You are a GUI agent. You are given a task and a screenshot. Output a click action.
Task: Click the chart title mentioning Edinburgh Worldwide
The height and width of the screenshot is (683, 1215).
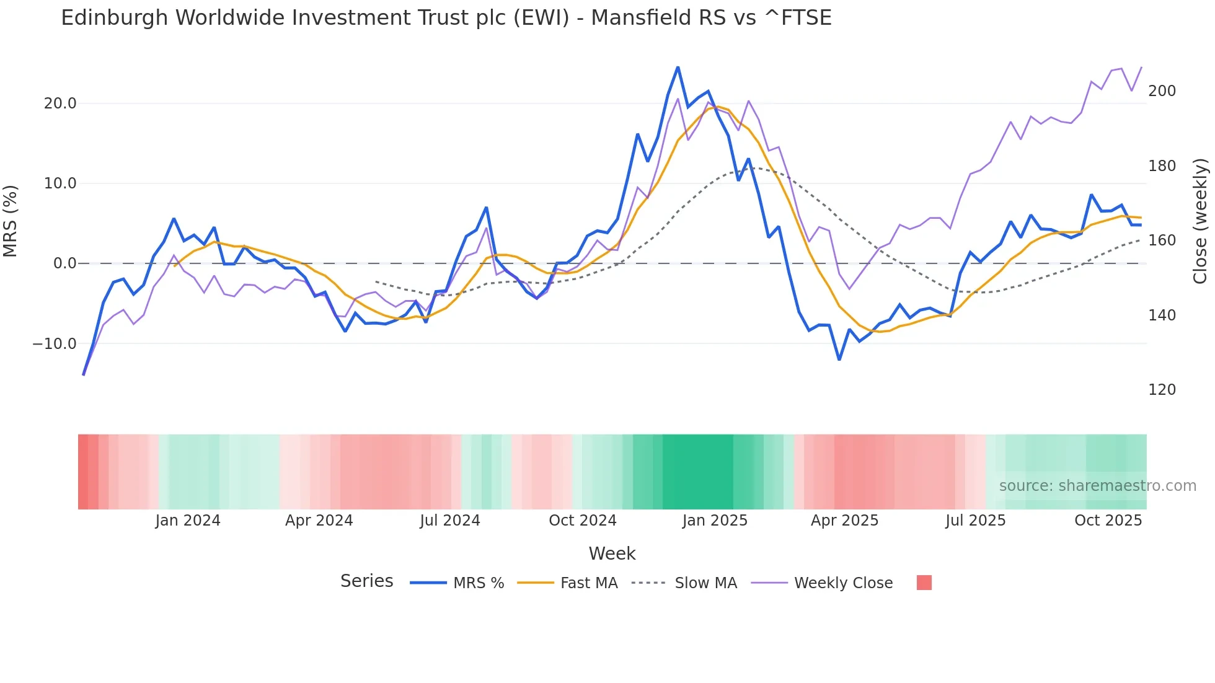coord(446,17)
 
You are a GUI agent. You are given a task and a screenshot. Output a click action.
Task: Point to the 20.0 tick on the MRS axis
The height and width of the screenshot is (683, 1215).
coord(60,104)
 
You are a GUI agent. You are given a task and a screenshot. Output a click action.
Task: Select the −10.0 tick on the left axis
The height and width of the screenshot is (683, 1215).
coord(55,344)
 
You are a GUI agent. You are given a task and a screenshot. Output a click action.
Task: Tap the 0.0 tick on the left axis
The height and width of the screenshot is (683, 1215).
coord(64,263)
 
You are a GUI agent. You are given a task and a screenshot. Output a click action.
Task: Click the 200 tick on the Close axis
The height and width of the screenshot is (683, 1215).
coord(1162,91)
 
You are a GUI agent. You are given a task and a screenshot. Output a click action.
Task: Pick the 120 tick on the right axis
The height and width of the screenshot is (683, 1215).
coord(1162,390)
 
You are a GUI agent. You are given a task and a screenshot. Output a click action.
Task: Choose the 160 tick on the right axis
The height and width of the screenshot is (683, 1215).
coord(1162,240)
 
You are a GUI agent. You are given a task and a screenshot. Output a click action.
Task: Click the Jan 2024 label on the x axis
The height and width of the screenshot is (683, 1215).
coord(188,521)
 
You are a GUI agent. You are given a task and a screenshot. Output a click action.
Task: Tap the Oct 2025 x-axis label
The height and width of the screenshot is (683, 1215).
coord(1108,521)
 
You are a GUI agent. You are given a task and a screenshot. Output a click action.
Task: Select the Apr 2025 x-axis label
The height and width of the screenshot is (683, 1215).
coord(844,521)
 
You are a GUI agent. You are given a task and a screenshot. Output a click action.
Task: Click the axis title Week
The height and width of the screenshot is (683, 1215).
coord(612,553)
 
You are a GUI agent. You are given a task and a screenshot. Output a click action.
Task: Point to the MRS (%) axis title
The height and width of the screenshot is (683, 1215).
coord(11,221)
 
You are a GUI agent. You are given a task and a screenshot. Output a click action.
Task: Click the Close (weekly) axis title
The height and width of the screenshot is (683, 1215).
coord(1200,221)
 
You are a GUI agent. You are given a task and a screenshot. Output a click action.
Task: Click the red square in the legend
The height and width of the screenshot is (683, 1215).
coord(924,583)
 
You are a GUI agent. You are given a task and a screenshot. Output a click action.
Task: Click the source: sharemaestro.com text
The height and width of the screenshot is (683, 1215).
coord(1097,486)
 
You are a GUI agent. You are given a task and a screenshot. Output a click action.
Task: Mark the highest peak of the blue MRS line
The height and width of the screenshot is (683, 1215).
coord(678,67)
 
